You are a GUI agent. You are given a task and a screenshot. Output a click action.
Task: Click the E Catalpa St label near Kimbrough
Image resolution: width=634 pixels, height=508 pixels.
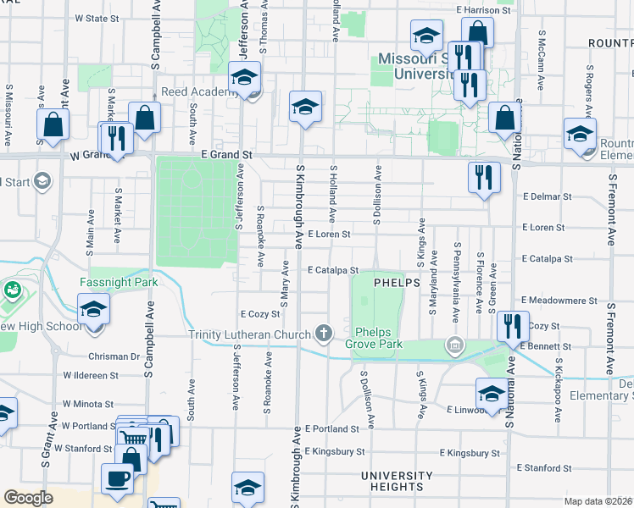[x=327, y=271]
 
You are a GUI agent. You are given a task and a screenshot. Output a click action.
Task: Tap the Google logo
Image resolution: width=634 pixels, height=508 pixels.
[x=28, y=498]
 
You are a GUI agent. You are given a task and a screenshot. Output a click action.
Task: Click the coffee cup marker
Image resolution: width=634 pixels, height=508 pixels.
[x=118, y=478]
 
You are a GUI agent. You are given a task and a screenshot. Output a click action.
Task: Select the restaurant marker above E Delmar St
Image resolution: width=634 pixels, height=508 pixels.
[x=484, y=177]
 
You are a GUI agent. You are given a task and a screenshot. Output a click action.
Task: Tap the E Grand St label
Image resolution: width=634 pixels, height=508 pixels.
[x=226, y=155]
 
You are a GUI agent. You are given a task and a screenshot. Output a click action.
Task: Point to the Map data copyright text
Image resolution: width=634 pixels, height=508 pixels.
[x=598, y=501]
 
